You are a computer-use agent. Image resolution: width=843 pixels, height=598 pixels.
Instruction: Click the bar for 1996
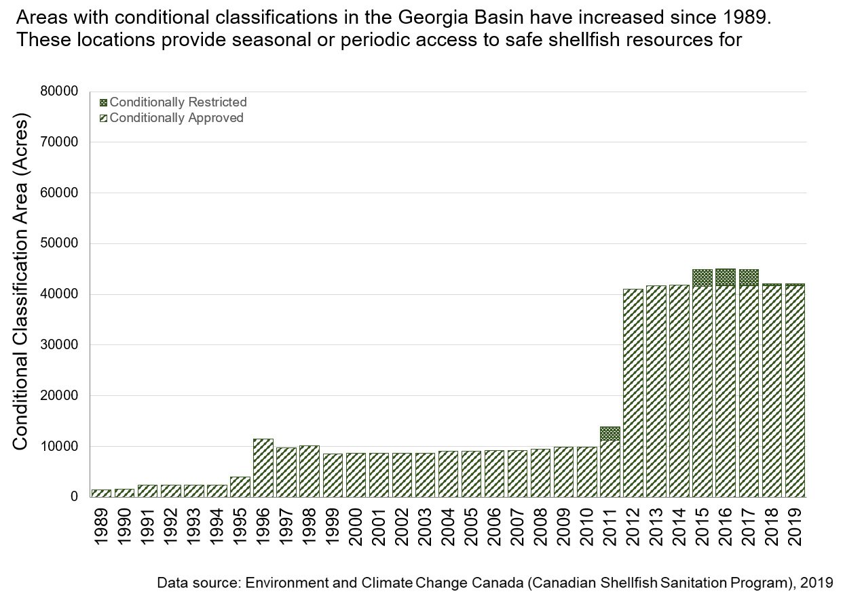pos(263,468)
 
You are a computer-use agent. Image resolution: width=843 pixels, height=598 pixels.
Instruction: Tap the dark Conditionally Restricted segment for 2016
pos(726,277)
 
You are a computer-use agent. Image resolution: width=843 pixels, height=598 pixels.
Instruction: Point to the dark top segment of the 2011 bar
pos(610,433)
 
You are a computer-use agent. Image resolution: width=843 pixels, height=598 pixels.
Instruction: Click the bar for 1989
pos(101,493)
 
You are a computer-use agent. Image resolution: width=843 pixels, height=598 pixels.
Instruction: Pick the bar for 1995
pos(240,487)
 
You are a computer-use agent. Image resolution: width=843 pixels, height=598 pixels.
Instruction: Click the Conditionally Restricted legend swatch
pos(103,102)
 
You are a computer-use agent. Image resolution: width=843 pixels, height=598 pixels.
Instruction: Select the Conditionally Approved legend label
pos(176,118)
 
